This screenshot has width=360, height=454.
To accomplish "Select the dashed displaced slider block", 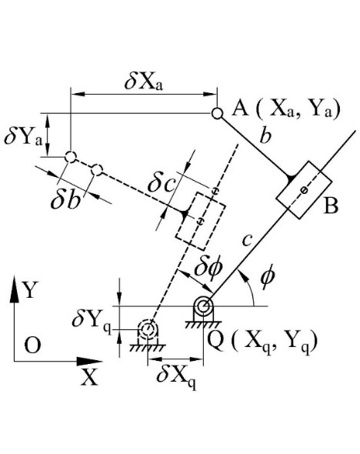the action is point(200,221).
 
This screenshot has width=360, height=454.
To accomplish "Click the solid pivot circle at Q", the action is point(203,305).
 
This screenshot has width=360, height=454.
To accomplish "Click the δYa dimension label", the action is point(23,138).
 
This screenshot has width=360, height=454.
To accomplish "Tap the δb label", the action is point(65,200).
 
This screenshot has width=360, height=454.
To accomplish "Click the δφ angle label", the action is point(208,268).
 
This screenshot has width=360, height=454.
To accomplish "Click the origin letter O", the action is point(32,346).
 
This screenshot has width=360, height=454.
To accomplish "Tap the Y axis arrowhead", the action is point(14,289).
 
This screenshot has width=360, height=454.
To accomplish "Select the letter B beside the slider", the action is point(331,205).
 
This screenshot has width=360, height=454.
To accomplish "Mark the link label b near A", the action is point(265,135).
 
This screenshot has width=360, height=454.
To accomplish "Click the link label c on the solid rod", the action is point(247,240).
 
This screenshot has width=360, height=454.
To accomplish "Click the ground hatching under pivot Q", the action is point(203,325).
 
